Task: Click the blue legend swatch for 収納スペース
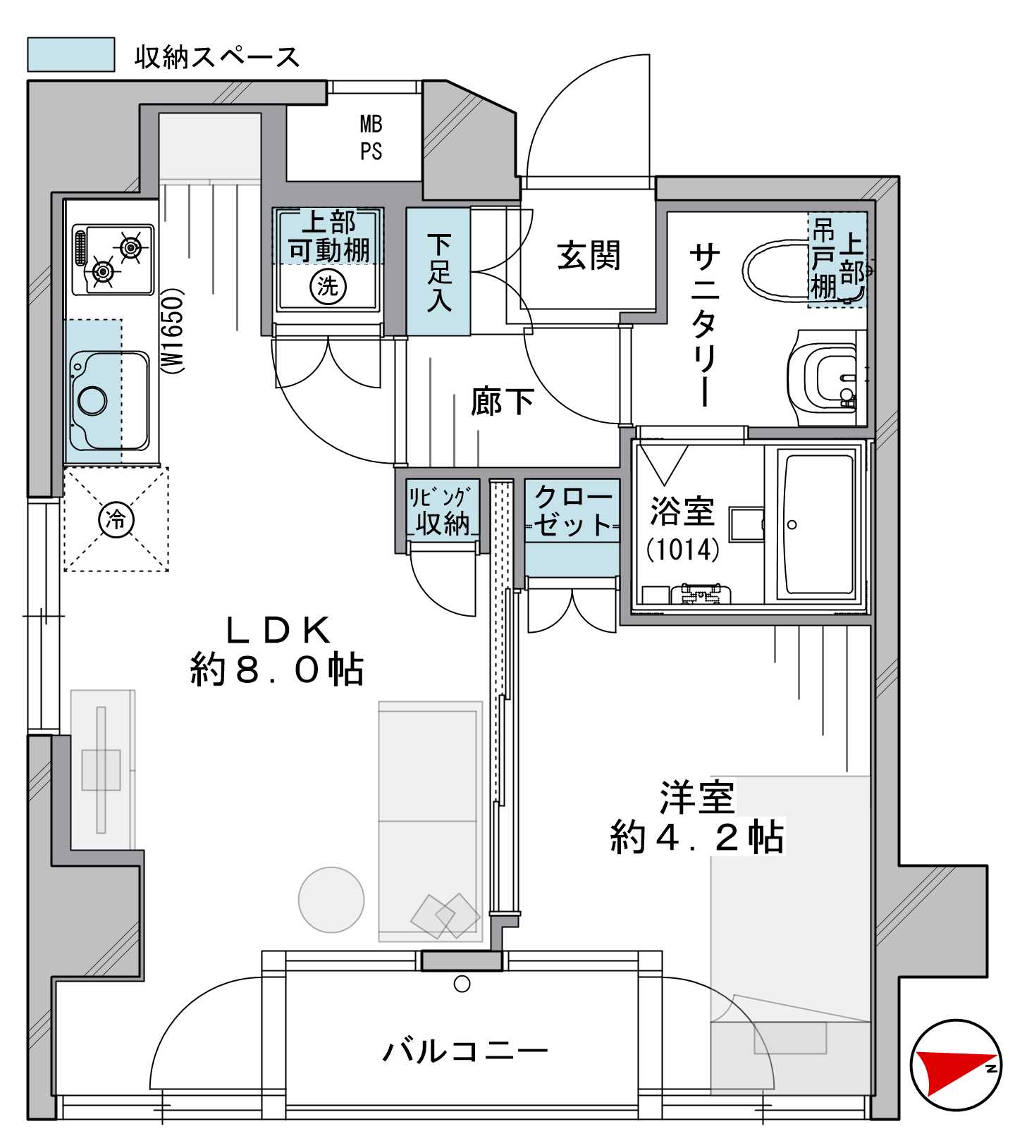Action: coord(70,54)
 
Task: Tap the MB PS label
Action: coord(371,137)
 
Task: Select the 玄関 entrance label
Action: coord(589,255)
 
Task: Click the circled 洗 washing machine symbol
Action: coord(328,286)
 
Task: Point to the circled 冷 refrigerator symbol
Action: coord(116,520)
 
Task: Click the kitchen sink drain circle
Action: coord(92,400)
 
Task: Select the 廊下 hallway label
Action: coord(502,402)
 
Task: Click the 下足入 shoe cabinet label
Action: coord(438,273)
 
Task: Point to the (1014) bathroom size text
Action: coord(683,549)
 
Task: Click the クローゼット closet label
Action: coord(572,511)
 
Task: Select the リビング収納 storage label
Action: coord(440,512)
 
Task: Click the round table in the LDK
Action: coord(331,900)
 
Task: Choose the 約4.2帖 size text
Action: coord(697,837)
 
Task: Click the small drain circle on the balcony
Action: coord(462,984)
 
